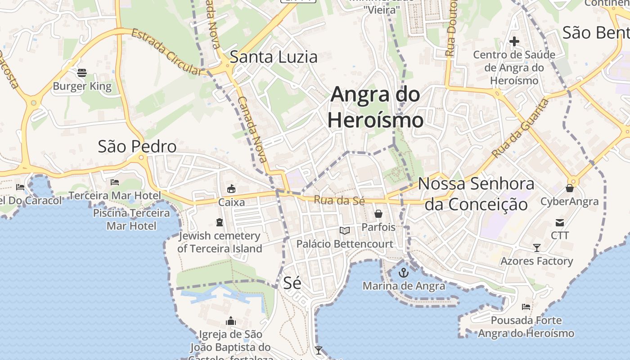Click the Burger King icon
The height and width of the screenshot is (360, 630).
point(81,72)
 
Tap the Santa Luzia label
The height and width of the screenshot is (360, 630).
point(274,57)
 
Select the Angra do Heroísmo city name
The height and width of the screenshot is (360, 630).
point(375,107)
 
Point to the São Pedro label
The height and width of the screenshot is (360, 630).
point(137,147)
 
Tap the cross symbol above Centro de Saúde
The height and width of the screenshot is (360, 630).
point(514,42)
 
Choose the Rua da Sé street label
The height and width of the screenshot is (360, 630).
point(339,200)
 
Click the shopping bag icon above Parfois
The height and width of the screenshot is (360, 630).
point(378,214)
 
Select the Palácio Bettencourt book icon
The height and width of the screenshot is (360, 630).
point(345,231)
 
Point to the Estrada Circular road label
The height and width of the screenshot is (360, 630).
point(167,52)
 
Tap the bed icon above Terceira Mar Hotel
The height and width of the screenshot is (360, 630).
point(115,182)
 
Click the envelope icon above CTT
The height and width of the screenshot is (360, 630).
point(560,222)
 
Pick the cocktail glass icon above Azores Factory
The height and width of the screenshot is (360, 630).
point(536,247)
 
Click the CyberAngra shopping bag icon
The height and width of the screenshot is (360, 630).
point(570,188)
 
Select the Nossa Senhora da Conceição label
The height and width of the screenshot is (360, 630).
point(476,194)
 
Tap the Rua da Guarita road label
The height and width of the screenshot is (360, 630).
point(521,128)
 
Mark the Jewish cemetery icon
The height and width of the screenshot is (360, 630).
point(219,222)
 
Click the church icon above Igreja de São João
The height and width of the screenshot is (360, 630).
point(231,321)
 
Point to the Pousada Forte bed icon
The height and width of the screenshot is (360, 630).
point(526,307)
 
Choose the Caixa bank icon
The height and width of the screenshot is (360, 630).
point(231,189)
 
